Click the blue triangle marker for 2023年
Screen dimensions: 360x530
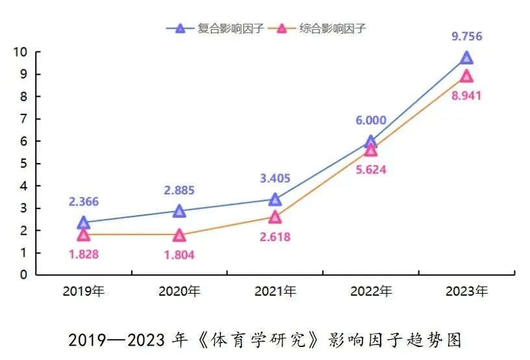click(x=466, y=58)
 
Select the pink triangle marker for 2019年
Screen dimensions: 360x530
click(x=84, y=235)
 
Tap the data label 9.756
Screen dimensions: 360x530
click(x=467, y=37)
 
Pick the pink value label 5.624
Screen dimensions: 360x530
click(x=371, y=171)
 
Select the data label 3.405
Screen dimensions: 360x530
click(x=274, y=178)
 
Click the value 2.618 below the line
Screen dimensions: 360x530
click(x=275, y=237)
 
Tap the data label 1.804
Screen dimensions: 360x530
click(x=179, y=255)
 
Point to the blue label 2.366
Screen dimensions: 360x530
click(x=84, y=202)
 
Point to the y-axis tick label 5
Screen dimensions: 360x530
click(x=23, y=164)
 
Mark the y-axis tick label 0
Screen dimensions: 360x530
click(x=23, y=275)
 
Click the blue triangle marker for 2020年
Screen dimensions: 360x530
click(x=179, y=211)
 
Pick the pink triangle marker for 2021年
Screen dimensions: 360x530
click(x=275, y=216)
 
